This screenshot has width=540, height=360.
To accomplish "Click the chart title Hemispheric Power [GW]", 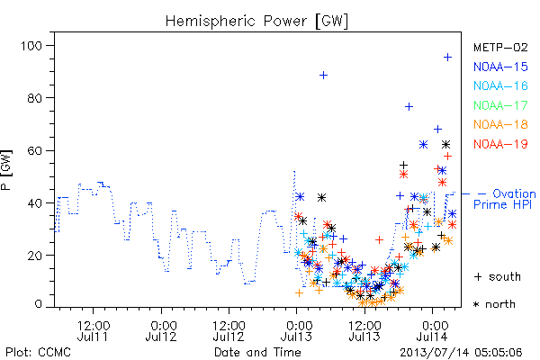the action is coord(256,22).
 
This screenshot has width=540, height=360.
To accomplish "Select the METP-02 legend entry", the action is coord(500,47).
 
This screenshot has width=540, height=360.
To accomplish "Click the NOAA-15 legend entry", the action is coord(500,67).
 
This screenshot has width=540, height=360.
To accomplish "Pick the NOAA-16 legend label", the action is coord(500,85).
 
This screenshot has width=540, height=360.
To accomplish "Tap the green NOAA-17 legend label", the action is coord(500,105).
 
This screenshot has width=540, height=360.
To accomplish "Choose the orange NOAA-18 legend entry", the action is coord(500,124).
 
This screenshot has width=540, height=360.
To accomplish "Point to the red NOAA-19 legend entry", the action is coord(500,144).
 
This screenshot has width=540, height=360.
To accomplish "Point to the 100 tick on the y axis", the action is coord(31,46).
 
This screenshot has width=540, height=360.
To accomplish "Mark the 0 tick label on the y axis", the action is coord(38,304).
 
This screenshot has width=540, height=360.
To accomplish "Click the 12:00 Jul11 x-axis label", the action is coord(93,331).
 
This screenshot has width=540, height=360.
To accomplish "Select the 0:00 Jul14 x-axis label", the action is coord(433,331).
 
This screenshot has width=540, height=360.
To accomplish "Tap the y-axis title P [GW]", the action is coord(6,169).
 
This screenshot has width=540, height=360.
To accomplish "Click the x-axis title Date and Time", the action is coord(257,353).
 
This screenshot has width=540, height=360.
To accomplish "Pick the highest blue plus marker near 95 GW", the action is coord(447,58).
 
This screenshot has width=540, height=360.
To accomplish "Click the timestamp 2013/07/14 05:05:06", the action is coord(461,353).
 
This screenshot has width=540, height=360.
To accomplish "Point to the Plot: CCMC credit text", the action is coord(38,353).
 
